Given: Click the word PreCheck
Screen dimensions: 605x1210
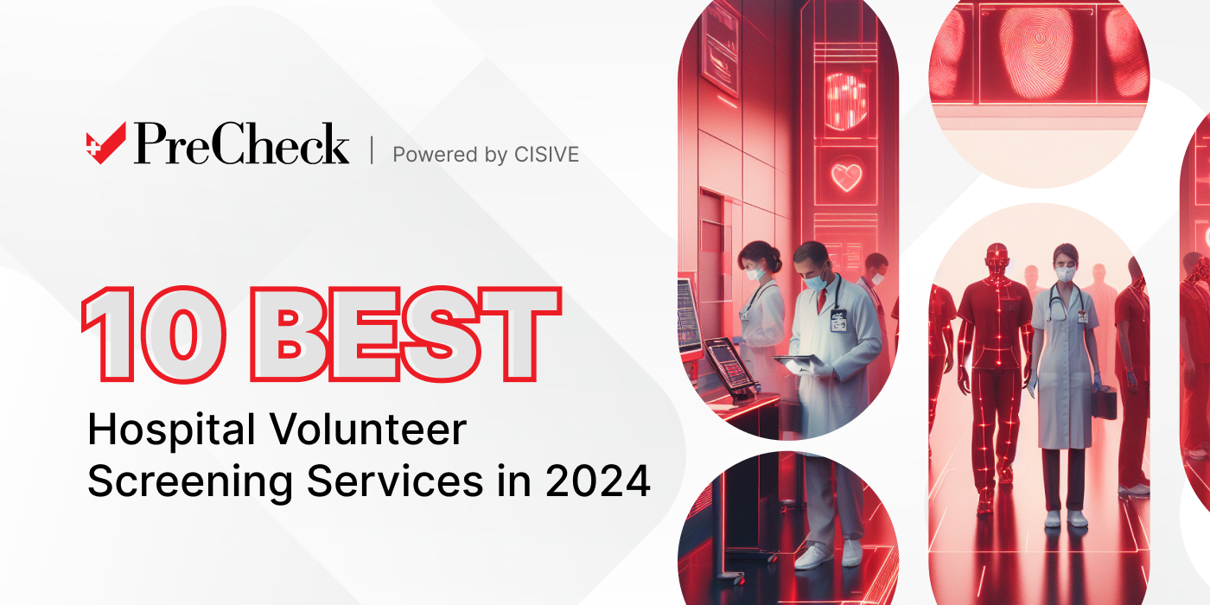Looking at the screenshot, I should point(241,144).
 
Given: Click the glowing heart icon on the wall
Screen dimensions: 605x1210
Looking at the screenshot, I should point(846,177).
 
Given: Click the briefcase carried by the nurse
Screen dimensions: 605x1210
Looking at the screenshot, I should point(1104,402).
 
